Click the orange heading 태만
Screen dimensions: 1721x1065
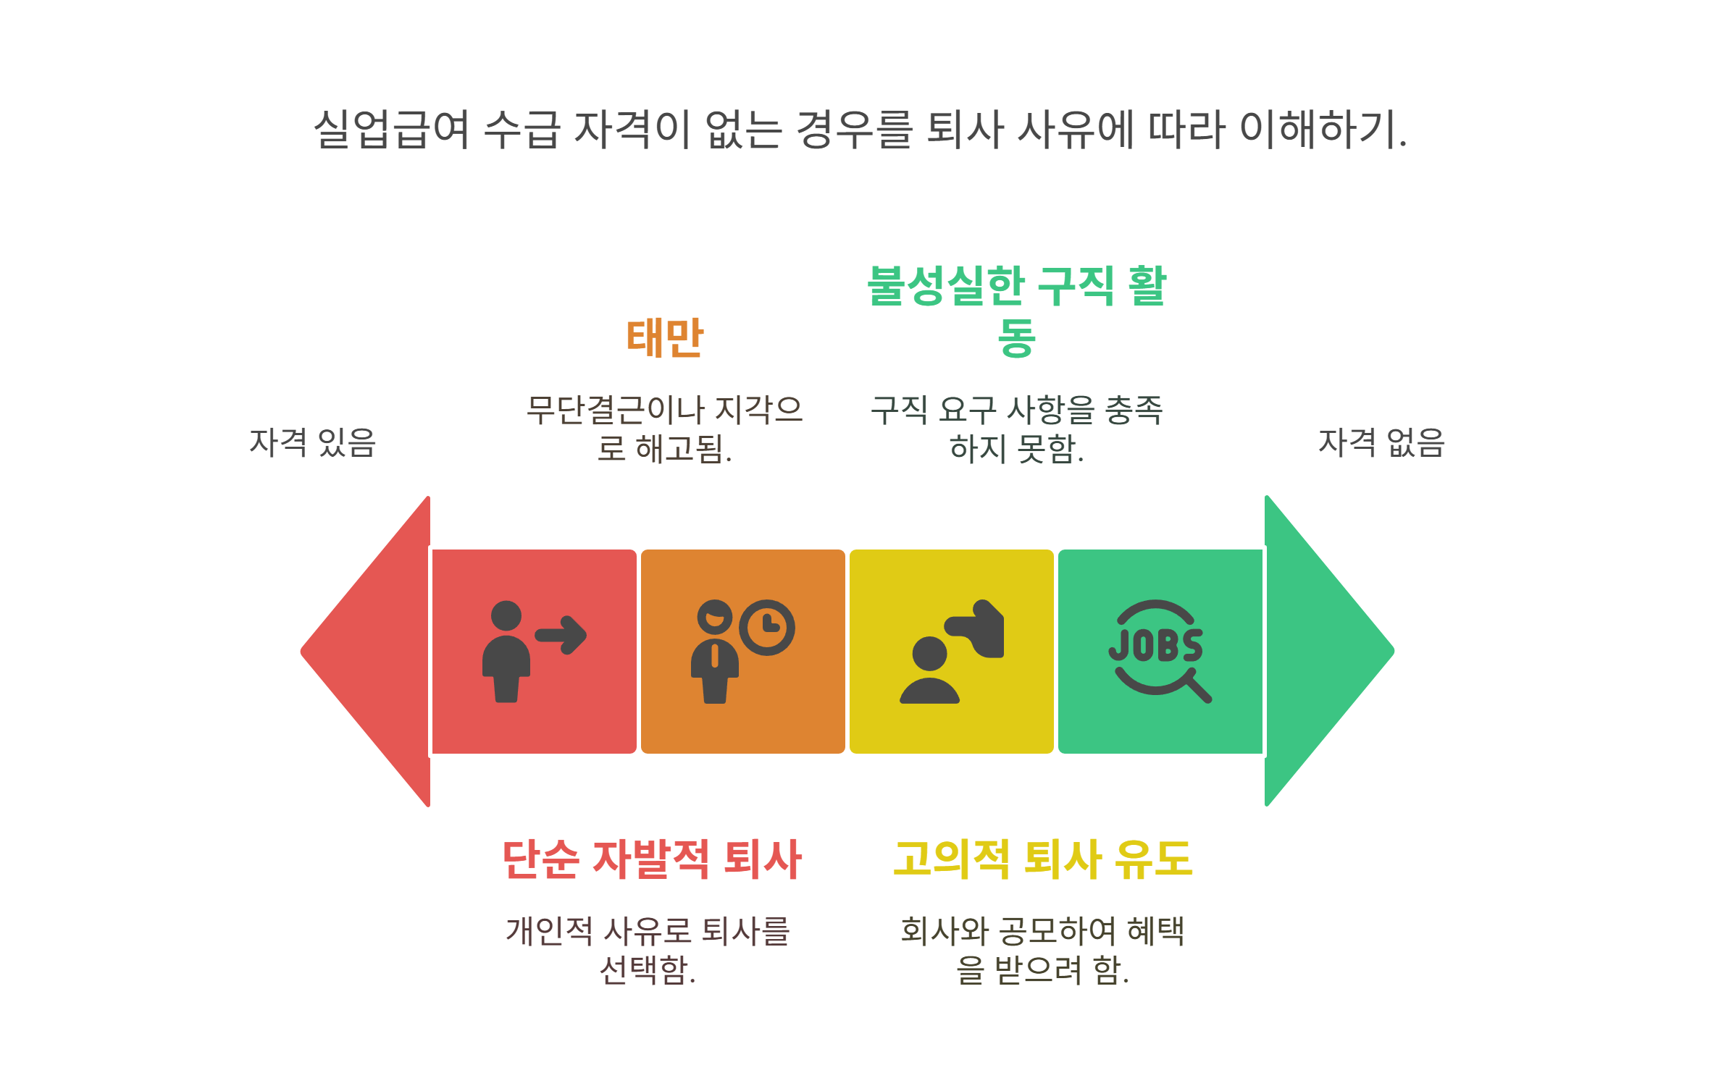point(664,337)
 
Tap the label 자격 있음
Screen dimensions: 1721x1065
point(312,442)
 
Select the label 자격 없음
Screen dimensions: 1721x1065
point(1381,442)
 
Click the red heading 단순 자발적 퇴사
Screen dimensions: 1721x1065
point(652,859)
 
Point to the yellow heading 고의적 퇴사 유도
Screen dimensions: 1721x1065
point(1042,859)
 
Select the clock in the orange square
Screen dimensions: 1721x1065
point(767,627)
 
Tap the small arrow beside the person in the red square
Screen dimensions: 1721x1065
point(561,635)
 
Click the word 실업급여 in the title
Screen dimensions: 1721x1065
point(392,130)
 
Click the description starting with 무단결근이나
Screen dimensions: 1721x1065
point(664,429)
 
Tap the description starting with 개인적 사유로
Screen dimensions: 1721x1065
point(648,950)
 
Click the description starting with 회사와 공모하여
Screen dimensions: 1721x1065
point(1042,950)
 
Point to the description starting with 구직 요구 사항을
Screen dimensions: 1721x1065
point(1016,429)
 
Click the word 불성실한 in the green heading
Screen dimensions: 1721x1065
point(945,286)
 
